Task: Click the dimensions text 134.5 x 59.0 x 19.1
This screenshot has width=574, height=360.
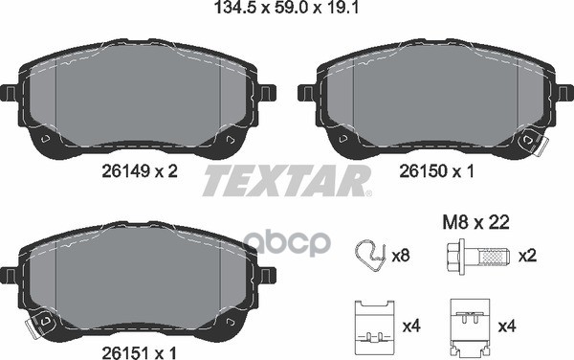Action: click(285, 8)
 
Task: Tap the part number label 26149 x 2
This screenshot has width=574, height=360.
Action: click(140, 171)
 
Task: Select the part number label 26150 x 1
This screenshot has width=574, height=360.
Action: click(436, 171)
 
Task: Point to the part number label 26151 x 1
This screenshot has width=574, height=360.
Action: click(139, 353)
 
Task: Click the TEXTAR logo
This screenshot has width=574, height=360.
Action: click(287, 181)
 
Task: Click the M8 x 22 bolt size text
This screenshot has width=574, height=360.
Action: click(475, 222)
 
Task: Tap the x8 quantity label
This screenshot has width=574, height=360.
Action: click(401, 256)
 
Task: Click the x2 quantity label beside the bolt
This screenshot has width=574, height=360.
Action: click(527, 256)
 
